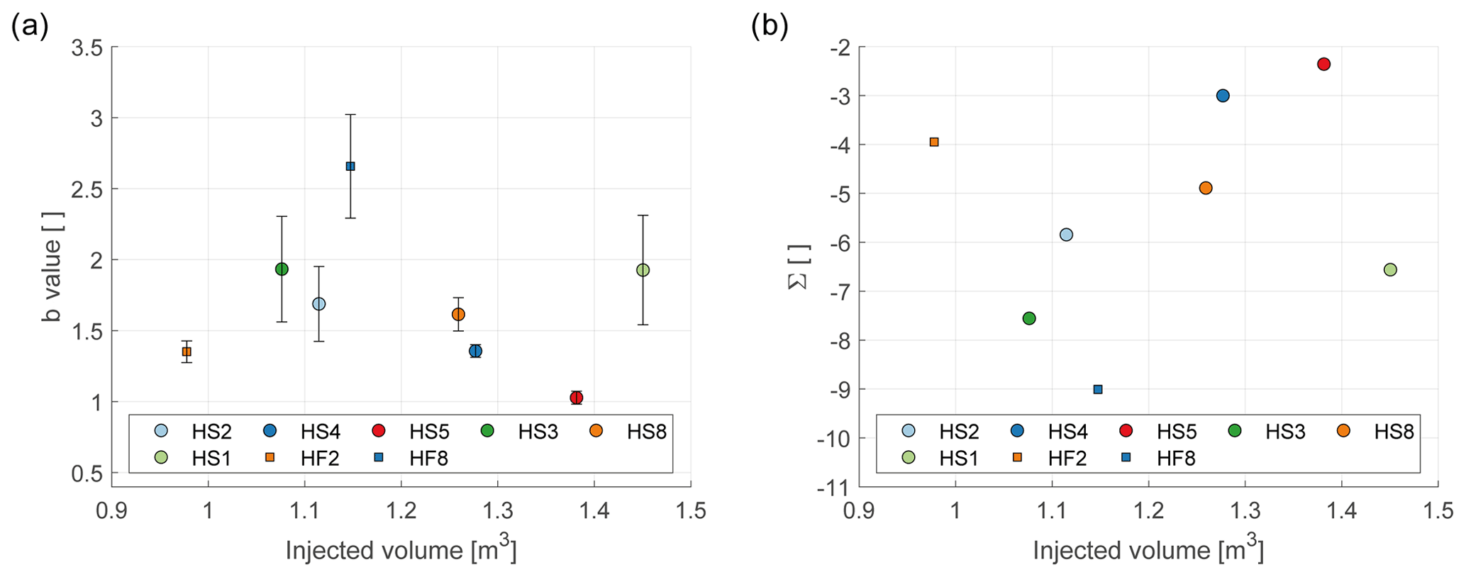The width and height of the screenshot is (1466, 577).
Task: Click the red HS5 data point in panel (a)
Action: [x=576, y=398]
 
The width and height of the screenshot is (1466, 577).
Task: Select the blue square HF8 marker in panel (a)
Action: [x=350, y=166]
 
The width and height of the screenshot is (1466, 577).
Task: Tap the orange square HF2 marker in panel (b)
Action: [x=934, y=142]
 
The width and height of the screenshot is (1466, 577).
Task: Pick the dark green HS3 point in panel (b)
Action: [x=1029, y=318]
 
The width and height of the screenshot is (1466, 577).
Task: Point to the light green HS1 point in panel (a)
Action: [x=643, y=270]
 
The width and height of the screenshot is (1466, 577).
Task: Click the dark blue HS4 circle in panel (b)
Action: [x=1223, y=96]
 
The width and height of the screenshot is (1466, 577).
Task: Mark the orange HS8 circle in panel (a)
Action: [x=458, y=314]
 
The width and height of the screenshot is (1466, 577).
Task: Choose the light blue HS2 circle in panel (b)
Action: [x=1066, y=235]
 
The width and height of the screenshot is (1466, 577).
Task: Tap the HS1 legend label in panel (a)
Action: [x=211, y=459]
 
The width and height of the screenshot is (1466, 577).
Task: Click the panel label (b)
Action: [x=770, y=26]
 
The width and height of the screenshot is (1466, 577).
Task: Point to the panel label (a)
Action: [x=30, y=26]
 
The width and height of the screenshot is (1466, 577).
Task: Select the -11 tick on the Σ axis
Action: [x=833, y=487]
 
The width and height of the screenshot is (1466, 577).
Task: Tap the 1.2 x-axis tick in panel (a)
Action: [x=401, y=511]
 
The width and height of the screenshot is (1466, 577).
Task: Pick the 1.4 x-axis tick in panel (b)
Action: [x=1341, y=511]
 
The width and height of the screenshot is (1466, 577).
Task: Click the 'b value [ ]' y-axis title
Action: [x=52, y=267]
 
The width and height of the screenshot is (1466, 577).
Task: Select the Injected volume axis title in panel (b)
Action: [x=1148, y=550]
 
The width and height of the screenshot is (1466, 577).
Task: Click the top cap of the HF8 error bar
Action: [x=350, y=114]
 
